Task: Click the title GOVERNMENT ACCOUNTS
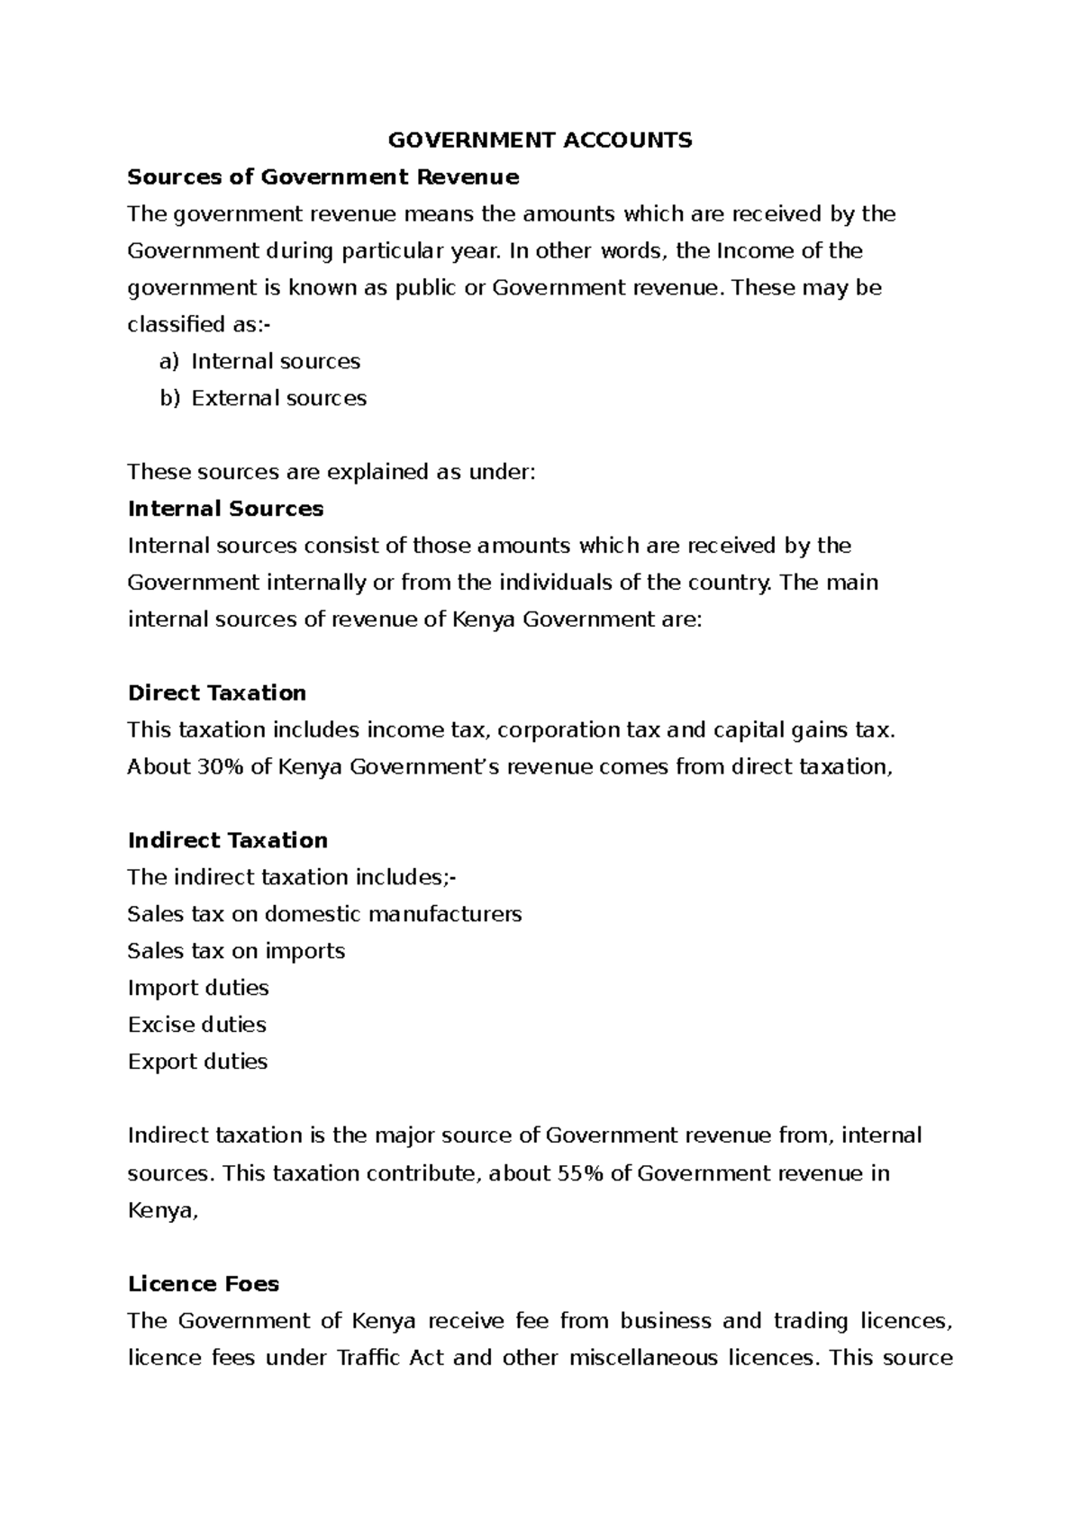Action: coord(540,140)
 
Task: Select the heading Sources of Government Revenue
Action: coord(323,176)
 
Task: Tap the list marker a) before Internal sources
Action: coord(169,361)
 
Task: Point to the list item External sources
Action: coord(278,398)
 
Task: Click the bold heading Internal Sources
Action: coord(225,509)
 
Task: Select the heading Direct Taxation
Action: coord(216,692)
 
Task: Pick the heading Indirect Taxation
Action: coord(227,840)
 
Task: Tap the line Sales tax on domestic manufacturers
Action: coord(324,914)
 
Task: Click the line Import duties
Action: coord(198,988)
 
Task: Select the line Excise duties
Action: coord(196,1025)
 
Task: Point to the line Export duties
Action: coord(197,1062)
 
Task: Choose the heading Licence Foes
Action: coord(203,1283)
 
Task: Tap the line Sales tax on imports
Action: coord(236,951)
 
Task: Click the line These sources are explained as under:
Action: coord(331,472)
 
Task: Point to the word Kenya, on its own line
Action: coord(161,1210)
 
